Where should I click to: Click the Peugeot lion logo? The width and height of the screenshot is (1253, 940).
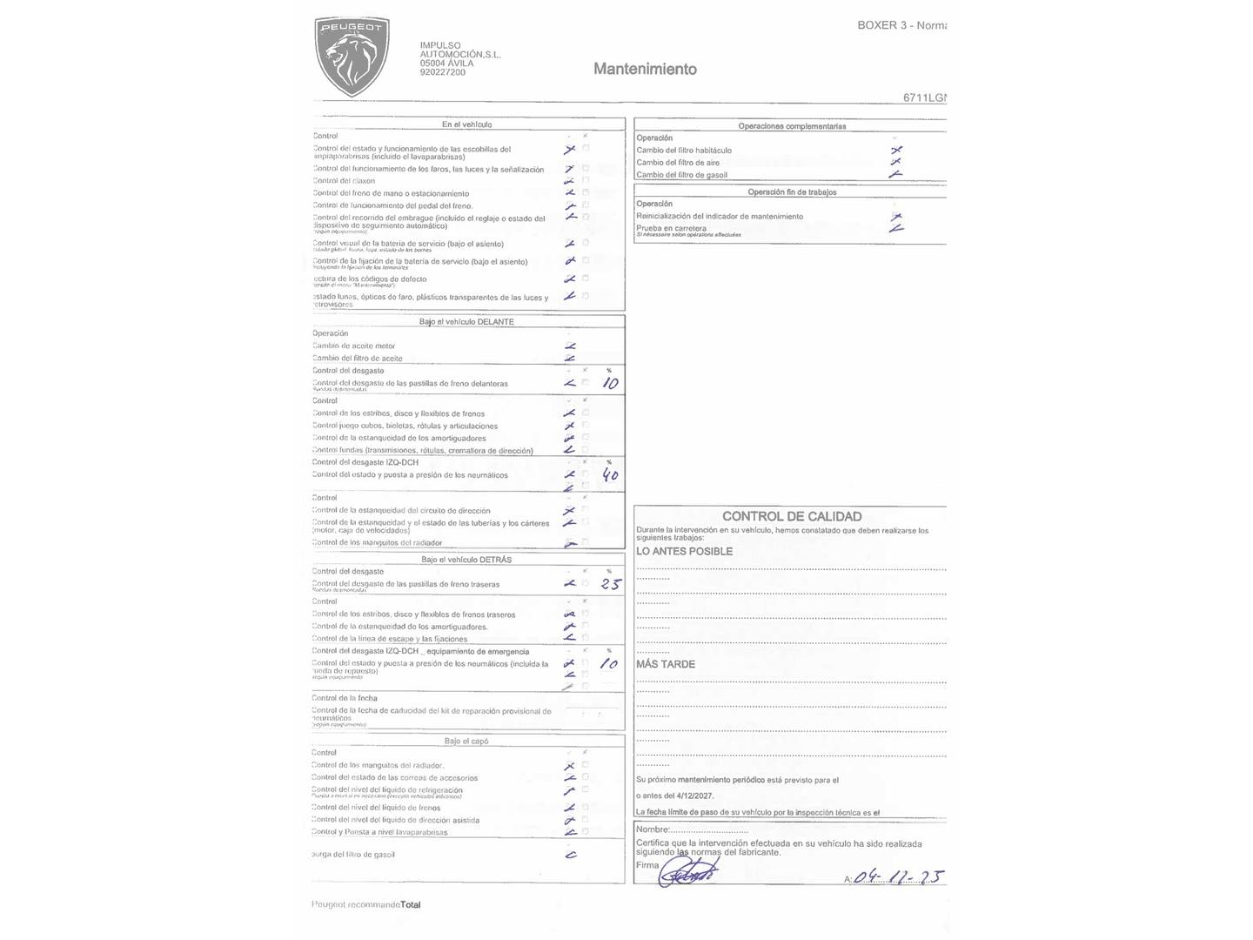(x=352, y=56)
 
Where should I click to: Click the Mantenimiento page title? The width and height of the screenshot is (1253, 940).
(x=645, y=69)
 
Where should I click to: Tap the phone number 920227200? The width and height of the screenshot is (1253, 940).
(x=442, y=72)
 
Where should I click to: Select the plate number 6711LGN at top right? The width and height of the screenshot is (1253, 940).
(x=924, y=97)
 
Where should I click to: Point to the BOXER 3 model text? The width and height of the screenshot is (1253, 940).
(x=901, y=25)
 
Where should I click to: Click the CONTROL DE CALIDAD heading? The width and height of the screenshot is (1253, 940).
(x=791, y=516)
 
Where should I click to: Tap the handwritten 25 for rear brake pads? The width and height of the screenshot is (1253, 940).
(x=611, y=584)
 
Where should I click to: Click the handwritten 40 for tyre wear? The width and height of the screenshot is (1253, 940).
(x=611, y=475)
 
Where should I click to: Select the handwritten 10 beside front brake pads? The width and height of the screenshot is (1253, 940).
(x=611, y=383)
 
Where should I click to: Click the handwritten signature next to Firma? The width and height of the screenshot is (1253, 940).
(x=687, y=872)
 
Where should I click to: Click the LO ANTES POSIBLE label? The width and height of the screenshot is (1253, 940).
(x=684, y=551)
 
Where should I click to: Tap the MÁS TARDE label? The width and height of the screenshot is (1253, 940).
(x=666, y=664)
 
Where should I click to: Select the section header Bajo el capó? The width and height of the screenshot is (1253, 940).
(x=466, y=741)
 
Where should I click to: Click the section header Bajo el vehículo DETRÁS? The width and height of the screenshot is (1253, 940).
(x=466, y=560)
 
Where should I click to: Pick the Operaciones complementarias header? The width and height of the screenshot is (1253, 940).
(x=791, y=126)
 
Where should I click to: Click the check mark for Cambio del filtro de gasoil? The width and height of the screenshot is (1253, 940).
(x=895, y=174)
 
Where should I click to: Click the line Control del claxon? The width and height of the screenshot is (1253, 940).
(x=345, y=181)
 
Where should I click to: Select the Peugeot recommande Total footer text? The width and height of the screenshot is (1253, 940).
(x=366, y=904)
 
